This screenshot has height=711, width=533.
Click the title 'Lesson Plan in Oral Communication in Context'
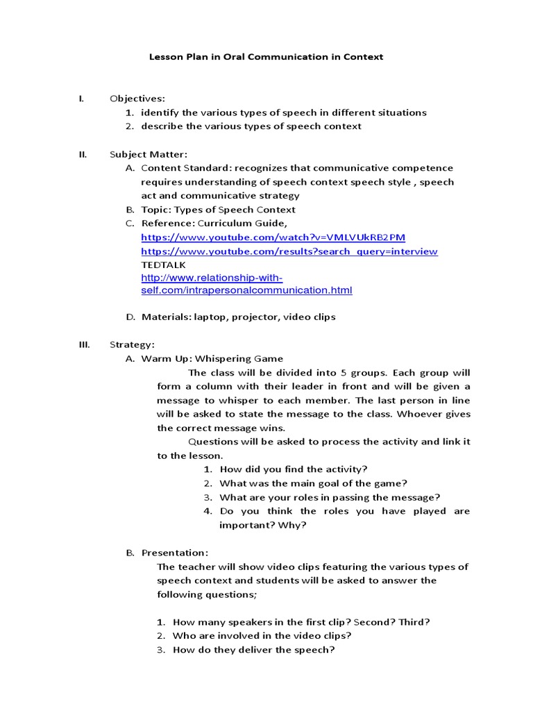(266, 57)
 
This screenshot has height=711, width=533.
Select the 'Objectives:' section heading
(137, 99)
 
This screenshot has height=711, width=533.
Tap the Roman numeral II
(83, 154)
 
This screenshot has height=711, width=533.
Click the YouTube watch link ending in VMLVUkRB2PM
(273, 237)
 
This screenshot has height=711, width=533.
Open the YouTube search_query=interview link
(289, 251)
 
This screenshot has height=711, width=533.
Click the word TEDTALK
(164, 265)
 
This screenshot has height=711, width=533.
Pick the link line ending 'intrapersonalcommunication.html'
(246, 290)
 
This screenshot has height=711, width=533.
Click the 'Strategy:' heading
(132, 344)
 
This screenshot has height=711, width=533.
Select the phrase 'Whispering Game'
(239, 358)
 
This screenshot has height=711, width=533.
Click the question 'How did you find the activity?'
(294, 469)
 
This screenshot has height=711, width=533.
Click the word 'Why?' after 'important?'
(293, 525)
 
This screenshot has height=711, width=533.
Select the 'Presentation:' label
(174, 553)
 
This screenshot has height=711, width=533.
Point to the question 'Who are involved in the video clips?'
(262, 636)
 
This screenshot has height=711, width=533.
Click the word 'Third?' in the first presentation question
(414, 622)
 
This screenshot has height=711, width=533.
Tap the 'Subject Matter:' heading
(149, 154)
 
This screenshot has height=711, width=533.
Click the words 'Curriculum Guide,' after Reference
(242, 224)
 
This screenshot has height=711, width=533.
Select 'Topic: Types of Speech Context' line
(218, 210)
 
